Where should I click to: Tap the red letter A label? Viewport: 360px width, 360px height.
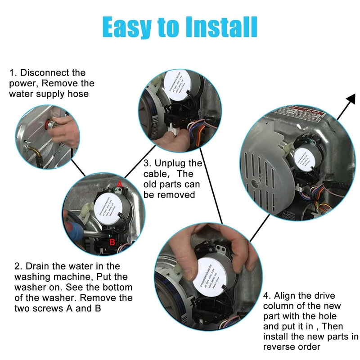(120, 184)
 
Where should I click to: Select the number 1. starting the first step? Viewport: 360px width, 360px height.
(13, 73)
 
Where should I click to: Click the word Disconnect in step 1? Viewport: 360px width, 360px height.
(46, 73)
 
